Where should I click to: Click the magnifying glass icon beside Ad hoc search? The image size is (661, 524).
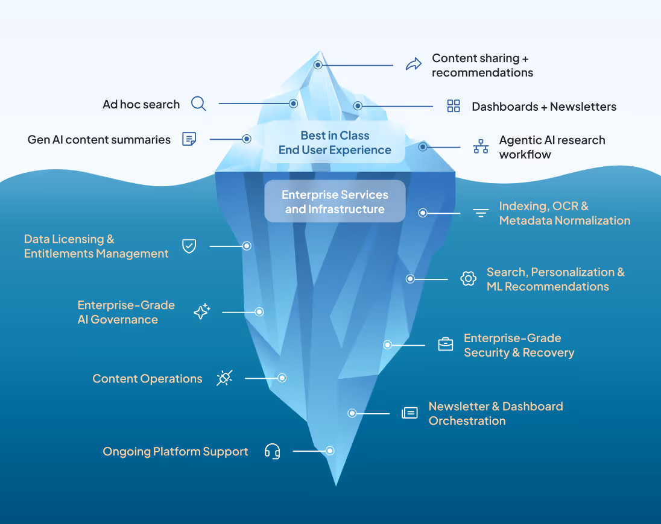(x=198, y=104)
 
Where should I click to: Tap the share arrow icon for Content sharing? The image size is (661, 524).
(x=413, y=64)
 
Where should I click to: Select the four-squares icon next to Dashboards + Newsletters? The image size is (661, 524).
(x=454, y=106)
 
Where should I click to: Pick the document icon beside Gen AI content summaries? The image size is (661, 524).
(x=189, y=139)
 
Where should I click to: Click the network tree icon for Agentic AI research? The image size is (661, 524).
(x=481, y=146)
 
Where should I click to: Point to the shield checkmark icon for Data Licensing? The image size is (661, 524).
(x=189, y=246)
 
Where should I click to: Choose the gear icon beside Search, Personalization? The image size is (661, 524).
(x=468, y=278)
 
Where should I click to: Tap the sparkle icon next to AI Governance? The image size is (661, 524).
(x=201, y=311)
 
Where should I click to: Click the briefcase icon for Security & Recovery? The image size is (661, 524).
(x=445, y=345)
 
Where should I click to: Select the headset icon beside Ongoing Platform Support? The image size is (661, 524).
(x=273, y=451)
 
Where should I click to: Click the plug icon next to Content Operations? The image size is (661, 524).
(x=224, y=378)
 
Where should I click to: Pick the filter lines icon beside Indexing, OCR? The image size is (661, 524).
(x=481, y=213)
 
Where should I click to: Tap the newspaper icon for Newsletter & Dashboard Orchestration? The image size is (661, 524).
(x=410, y=413)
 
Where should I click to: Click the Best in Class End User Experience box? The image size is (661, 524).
(x=335, y=143)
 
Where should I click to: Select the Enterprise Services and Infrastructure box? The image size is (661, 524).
(x=335, y=202)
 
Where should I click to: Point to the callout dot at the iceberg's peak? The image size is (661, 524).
(x=318, y=64)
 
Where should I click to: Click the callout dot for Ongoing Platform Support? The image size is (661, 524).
(x=330, y=451)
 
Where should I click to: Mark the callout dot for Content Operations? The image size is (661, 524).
(x=282, y=378)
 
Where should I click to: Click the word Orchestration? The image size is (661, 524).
(x=467, y=421)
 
